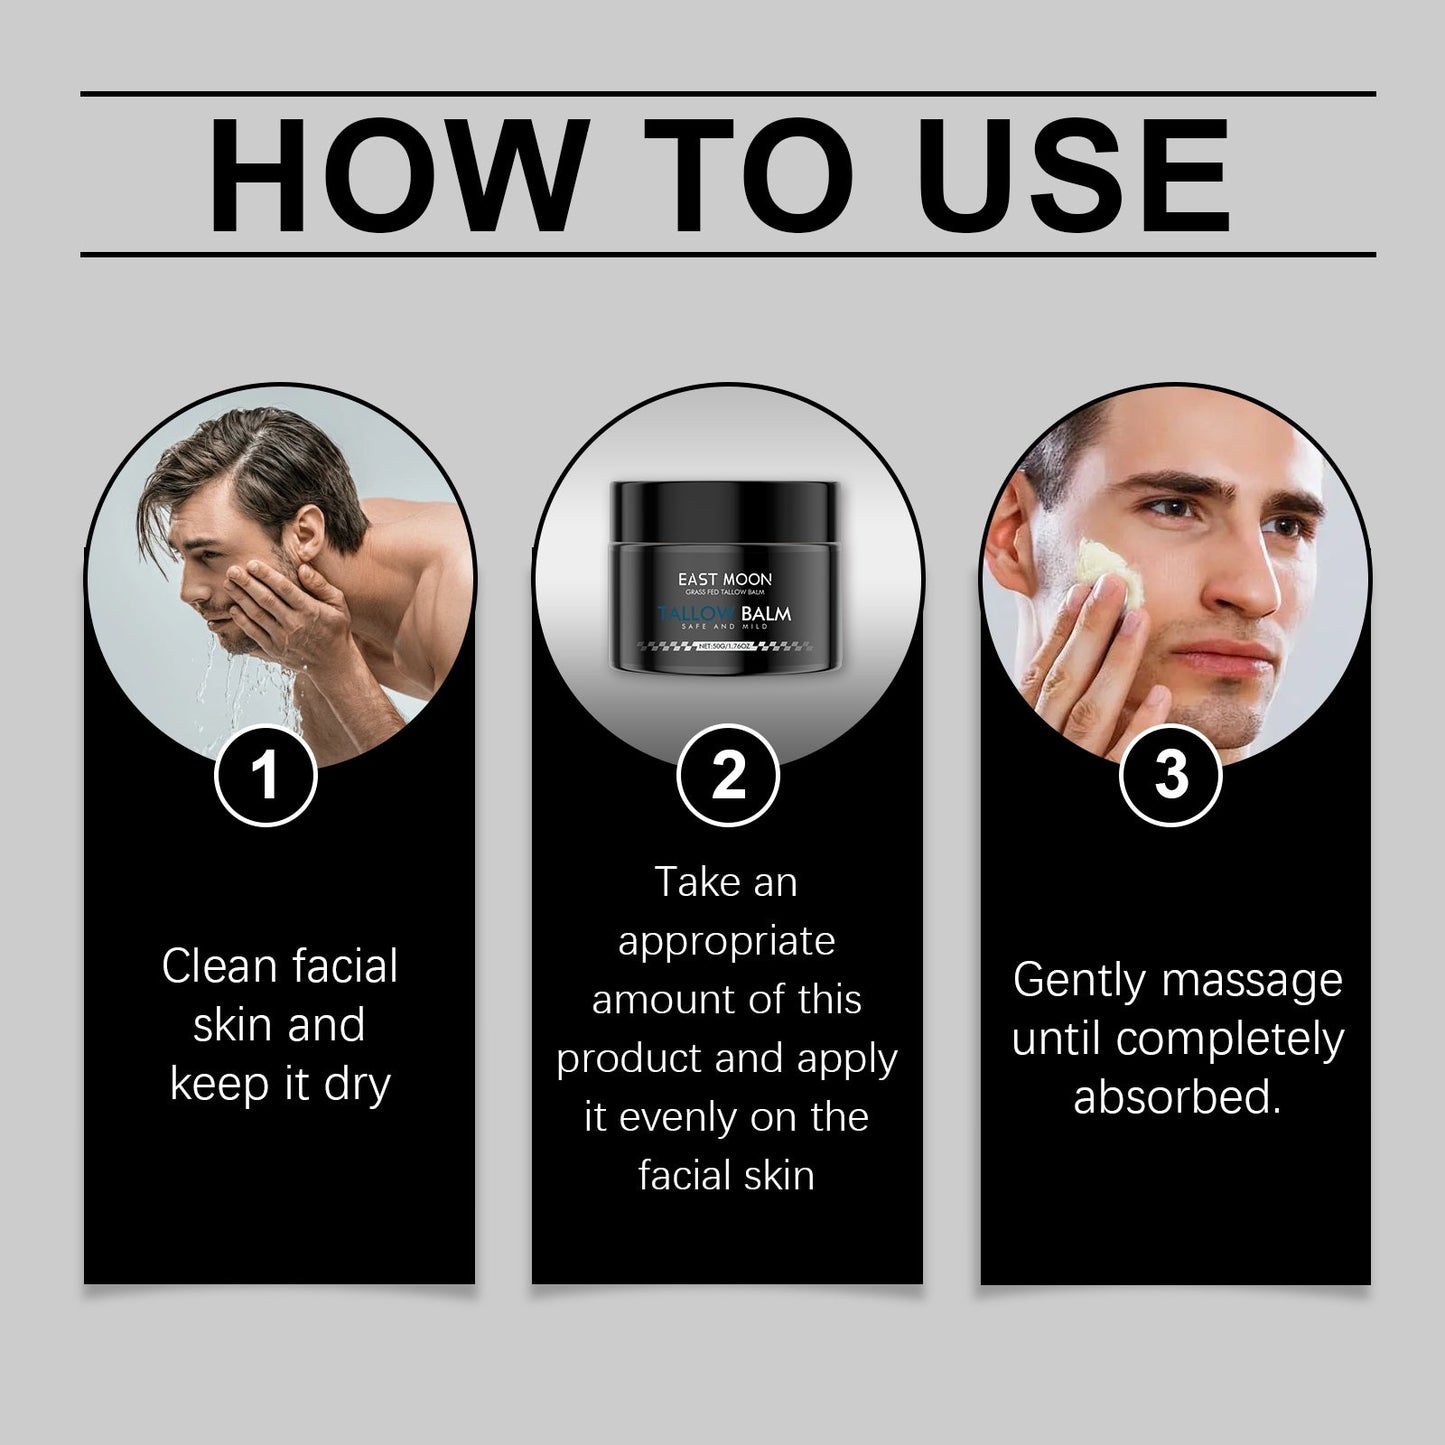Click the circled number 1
265,776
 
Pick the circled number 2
727,776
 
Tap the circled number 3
1170,776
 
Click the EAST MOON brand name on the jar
724,579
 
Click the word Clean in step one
219,967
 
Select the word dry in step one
356,1085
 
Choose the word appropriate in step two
726,942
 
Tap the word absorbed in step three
1176,1097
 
